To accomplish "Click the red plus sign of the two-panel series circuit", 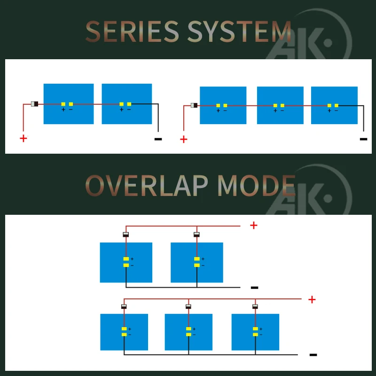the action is tap(23, 138).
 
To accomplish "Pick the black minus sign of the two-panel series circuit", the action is tap(158, 139).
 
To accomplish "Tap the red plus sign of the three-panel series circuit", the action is tap(183, 139).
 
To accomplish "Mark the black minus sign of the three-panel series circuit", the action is tap(363, 139).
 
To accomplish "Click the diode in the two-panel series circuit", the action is tap(34, 104).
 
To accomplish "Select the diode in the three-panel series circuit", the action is tap(194, 105).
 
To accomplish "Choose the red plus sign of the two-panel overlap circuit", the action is tap(254, 225).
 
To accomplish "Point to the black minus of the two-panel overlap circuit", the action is tap(254, 287).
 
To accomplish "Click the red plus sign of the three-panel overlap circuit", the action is tap(312, 299).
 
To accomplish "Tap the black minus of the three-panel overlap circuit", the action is tap(313, 355).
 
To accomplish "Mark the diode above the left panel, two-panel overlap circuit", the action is tap(125, 235).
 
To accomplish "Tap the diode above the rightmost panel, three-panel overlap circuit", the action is tap(255, 306).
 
